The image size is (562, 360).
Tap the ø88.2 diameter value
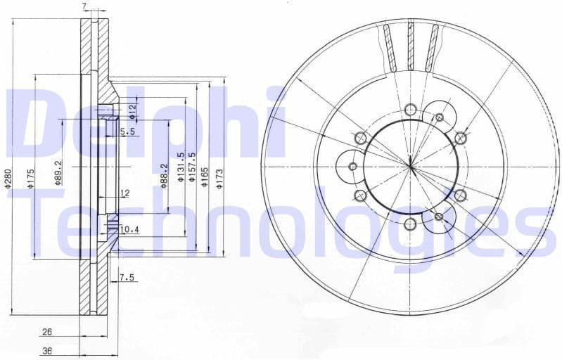pos(164,174)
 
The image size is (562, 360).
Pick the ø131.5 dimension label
pos(181,169)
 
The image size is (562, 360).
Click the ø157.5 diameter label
pos(193,167)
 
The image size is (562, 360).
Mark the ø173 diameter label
pos(220,176)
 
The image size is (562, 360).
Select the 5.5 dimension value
pos(127,131)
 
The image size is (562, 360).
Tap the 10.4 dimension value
pos(129,229)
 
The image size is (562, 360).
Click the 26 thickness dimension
pos(47,331)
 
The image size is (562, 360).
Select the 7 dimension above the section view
pos(84,6)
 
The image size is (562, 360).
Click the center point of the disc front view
pos(410,166)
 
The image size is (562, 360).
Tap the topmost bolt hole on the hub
pos(410,108)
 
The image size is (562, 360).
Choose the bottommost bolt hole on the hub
pos(410,224)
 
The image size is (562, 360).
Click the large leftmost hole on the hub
pos(353,166)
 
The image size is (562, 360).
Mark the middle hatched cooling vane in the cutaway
pos(411,46)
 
